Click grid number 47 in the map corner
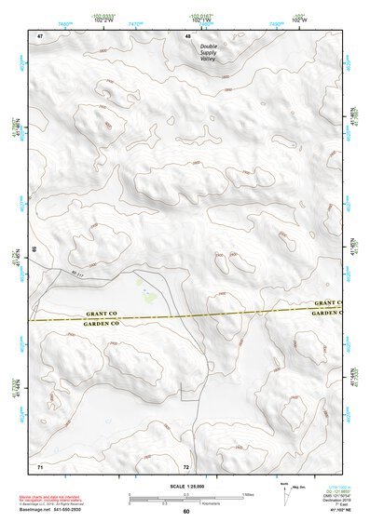point(40,36)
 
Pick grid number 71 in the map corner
point(39,465)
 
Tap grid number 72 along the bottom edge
point(186,465)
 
